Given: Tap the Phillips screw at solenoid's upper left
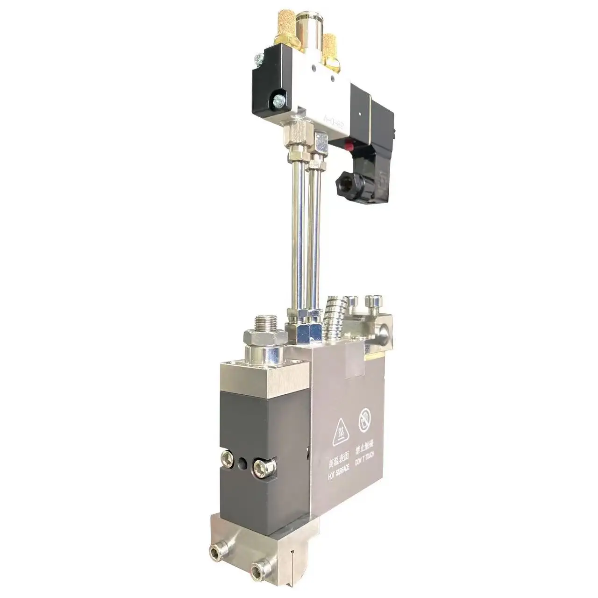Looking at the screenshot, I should (x=256, y=59).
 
